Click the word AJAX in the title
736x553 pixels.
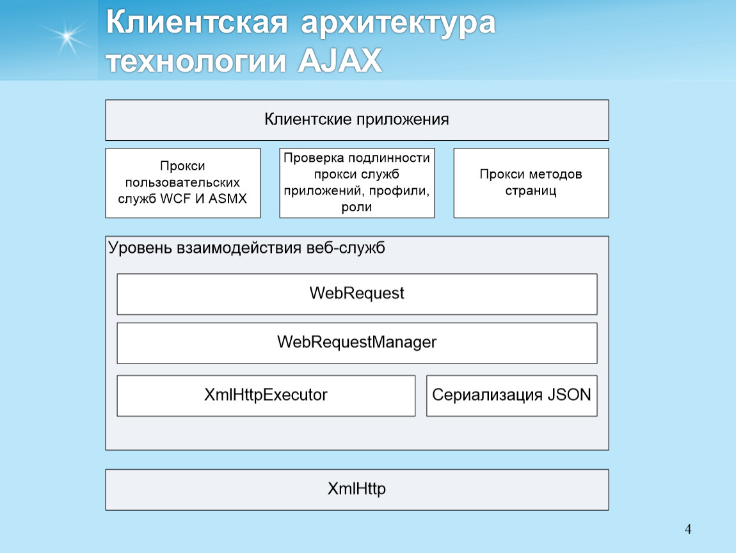(340, 60)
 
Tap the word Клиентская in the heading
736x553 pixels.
(196, 22)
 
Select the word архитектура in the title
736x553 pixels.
(398, 24)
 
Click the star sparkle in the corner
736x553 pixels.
(67, 36)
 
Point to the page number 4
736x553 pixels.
(687, 529)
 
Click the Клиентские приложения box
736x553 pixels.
(356, 120)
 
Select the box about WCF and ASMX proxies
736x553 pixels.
(182, 183)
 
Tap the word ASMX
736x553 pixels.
(227, 198)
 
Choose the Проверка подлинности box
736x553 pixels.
(356, 183)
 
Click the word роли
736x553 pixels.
(356, 207)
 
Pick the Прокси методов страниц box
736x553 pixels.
(531, 183)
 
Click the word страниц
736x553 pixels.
(531, 191)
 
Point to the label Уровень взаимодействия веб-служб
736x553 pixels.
(246, 248)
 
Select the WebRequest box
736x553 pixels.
(356, 294)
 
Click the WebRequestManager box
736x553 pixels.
(356, 343)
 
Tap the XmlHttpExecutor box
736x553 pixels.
(266, 396)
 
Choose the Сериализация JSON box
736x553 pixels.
(511, 396)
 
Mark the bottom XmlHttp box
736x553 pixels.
(356, 490)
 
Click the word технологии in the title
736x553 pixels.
(196, 61)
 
